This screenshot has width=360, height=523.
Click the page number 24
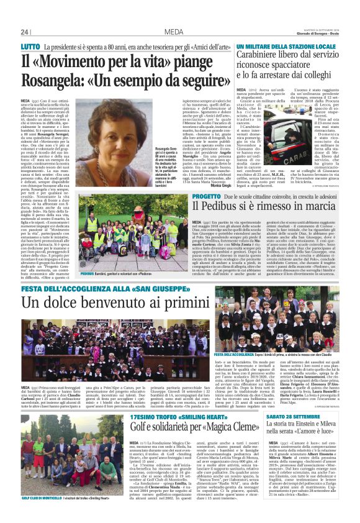point(25,32)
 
